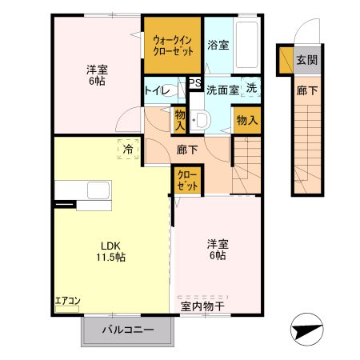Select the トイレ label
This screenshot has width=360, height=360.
[x=157, y=90]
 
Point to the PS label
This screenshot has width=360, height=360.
[x=194, y=82]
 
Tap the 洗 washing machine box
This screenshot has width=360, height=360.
[x=251, y=88]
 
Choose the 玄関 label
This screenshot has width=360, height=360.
[x=306, y=60]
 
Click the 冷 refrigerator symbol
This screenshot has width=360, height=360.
[x=126, y=149]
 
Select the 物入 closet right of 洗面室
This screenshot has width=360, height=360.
[x=246, y=120]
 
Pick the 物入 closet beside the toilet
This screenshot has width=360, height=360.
[x=180, y=120]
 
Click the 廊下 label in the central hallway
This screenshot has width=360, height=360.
[x=188, y=149]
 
